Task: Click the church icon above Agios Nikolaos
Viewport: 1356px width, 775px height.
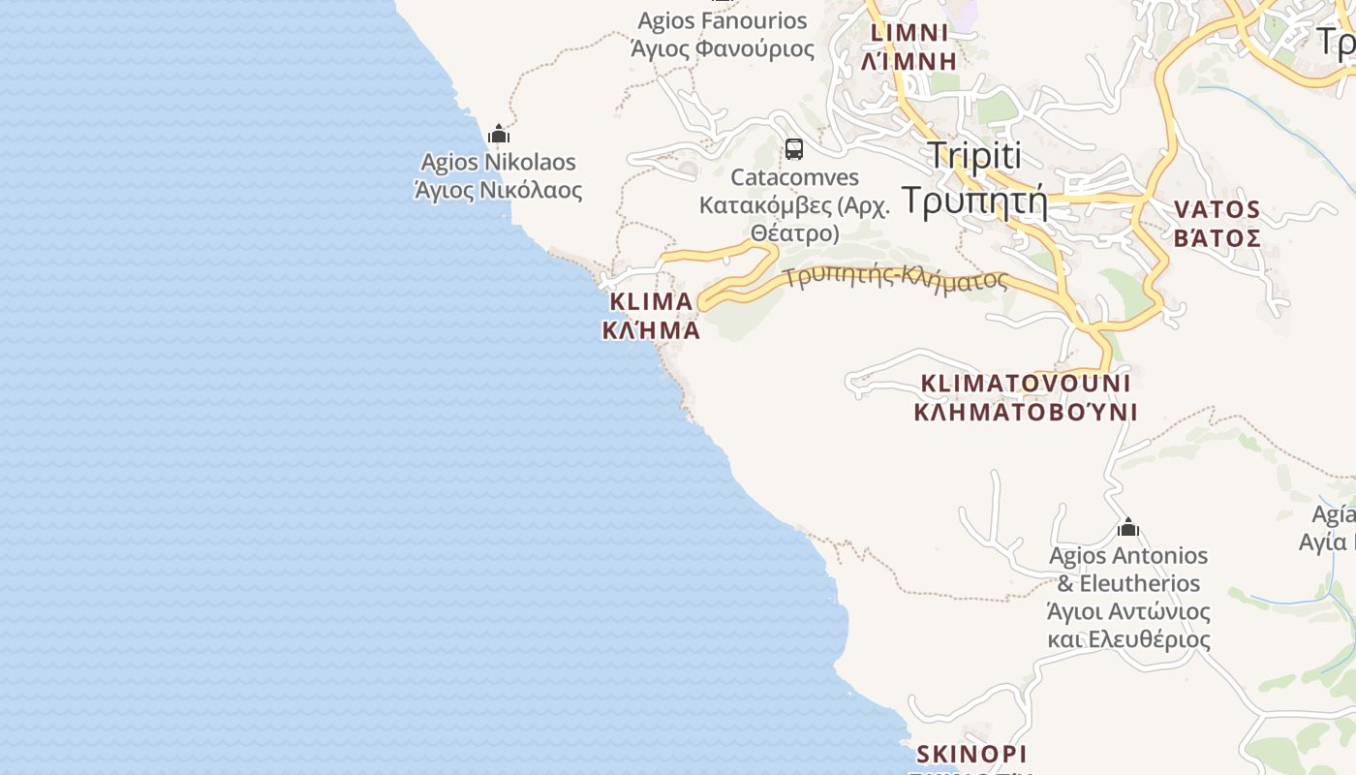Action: click(x=499, y=134)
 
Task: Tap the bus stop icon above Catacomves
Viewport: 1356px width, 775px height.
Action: click(x=794, y=149)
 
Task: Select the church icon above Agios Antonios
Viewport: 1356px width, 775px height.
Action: click(x=1127, y=528)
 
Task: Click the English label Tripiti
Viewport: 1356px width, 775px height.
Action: click(x=974, y=155)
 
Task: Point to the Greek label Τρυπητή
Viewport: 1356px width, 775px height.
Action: click(x=974, y=199)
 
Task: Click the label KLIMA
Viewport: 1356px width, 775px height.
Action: click(x=650, y=301)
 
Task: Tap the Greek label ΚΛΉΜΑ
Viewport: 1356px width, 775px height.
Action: click(x=651, y=330)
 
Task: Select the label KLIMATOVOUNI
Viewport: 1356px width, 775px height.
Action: click(x=1026, y=383)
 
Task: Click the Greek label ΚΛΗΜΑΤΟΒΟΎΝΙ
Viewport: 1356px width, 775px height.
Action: click(x=1026, y=412)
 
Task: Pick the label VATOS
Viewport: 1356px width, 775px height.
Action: click(x=1217, y=209)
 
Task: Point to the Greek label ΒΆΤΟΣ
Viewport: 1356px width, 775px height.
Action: click(x=1217, y=238)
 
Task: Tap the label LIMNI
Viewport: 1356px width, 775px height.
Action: click(x=910, y=33)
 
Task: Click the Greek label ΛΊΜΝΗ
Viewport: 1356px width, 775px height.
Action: click(x=910, y=60)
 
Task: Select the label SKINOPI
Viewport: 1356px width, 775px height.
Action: click(x=971, y=754)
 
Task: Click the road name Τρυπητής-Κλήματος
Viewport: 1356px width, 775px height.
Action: click(x=896, y=278)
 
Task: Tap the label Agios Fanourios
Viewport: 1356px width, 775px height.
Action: click(x=723, y=20)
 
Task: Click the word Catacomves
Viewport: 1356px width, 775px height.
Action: click(x=795, y=177)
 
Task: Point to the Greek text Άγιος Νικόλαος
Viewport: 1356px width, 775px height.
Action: click(x=499, y=190)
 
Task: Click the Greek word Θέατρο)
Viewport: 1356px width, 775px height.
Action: click(x=794, y=233)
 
